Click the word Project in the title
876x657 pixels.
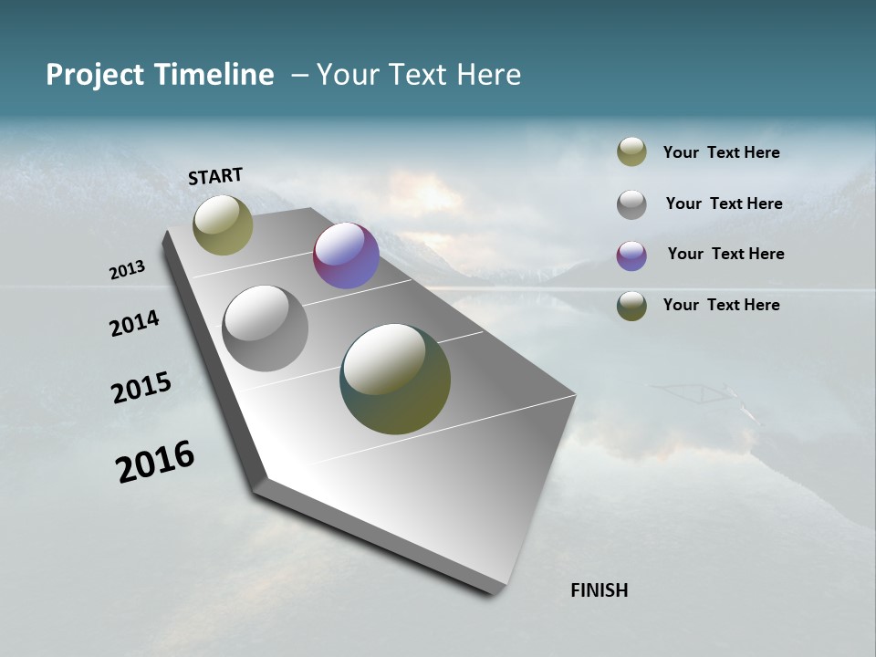pos(94,76)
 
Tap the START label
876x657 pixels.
pos(215,176)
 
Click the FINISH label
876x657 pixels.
pos(599,590)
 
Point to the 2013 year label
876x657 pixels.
pos(128,270)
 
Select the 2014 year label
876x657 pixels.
pos(134,323)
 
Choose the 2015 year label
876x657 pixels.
pos(141,388)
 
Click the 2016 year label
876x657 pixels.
pos(155,462)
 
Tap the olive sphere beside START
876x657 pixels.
pos(223,224)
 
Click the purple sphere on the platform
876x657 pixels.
pos(346,255)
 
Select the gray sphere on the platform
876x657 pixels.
pos(265,328)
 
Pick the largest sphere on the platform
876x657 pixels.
pos(395,379)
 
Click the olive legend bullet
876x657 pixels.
pos(631,152)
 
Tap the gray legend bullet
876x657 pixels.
pos(631,204)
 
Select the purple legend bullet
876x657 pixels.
pos(631,255)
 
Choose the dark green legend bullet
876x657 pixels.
pos(631,306)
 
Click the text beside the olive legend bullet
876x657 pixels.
pos(721,152)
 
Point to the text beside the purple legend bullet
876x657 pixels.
pos(725,254)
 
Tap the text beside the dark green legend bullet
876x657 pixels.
pos(721,305)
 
